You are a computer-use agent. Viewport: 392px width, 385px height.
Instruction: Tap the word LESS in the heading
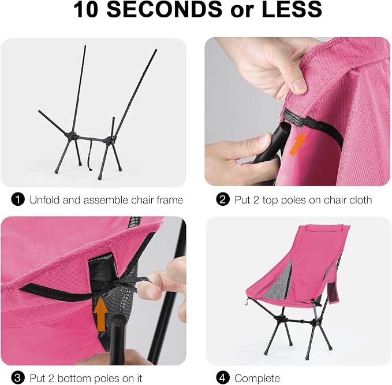tap(292, 9)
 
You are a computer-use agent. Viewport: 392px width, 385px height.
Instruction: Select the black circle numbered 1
tap(18, 200)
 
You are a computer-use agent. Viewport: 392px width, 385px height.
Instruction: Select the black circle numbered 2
tap(223, 200)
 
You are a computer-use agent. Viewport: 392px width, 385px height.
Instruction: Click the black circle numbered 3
tap(18, 377)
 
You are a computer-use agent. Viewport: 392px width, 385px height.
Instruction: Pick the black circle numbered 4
tap(223, 377)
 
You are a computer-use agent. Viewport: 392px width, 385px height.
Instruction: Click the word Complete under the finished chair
tap(257, 378)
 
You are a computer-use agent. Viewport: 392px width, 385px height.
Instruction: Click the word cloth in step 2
tap(359, 200)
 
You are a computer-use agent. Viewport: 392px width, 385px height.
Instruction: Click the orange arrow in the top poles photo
tap(298, 143)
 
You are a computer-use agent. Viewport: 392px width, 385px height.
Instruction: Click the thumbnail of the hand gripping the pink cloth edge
tap(297, 112)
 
